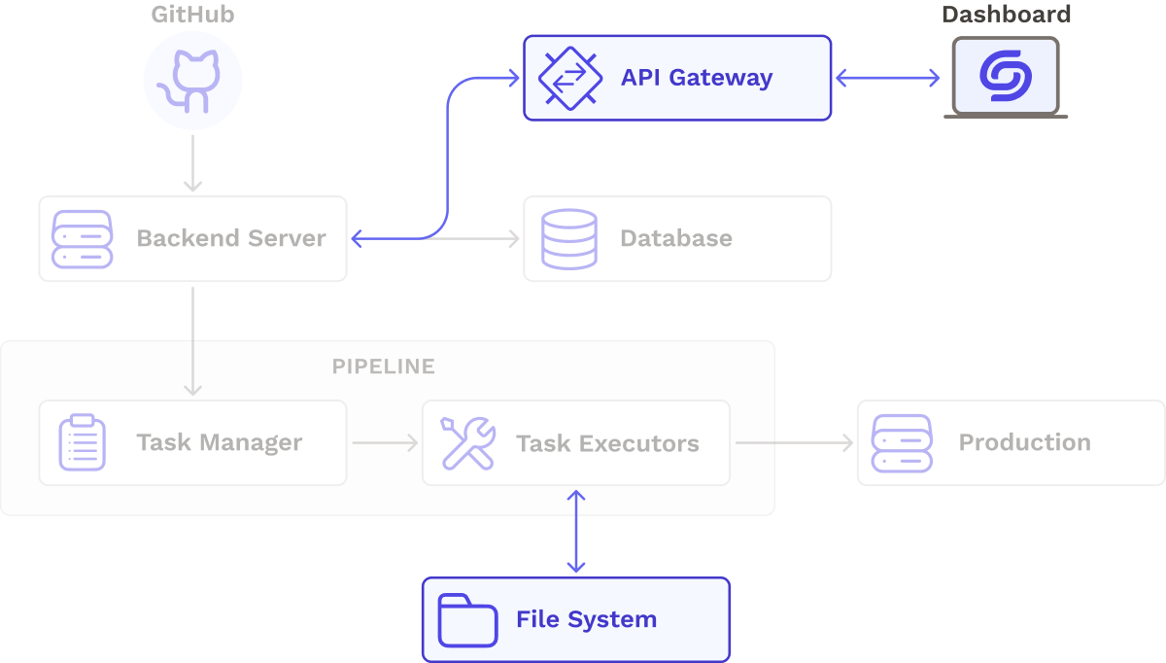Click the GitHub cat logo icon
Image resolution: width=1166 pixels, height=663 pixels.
point(192,81)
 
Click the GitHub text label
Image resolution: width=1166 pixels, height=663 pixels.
point(192,15)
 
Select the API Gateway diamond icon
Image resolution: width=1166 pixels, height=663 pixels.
point(569,78)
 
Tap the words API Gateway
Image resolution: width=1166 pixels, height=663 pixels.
point(697,78)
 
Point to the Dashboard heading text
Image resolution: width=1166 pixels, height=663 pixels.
point(1006,15)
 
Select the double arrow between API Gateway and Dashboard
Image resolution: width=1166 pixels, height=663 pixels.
point(888,78)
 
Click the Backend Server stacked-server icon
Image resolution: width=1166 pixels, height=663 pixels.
point(83,239)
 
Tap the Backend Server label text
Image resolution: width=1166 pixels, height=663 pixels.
point(230,239)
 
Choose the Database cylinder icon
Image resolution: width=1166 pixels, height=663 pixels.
point(569,239)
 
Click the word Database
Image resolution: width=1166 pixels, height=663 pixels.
point(676,239)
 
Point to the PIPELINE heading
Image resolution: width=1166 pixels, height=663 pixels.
point(383,366)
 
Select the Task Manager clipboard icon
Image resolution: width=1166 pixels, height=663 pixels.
point(83,443)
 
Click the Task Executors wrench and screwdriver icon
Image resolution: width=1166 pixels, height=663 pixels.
point(467,443)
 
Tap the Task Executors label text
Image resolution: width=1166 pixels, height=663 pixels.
point(607,443)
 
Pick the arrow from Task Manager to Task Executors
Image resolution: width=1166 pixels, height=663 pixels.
point(385,443)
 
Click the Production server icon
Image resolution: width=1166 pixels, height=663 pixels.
point(902,443)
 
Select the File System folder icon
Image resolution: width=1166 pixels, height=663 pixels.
point(467,620)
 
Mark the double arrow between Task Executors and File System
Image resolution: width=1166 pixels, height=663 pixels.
point(576,531)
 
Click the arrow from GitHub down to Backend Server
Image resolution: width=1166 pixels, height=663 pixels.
point(192,163)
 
